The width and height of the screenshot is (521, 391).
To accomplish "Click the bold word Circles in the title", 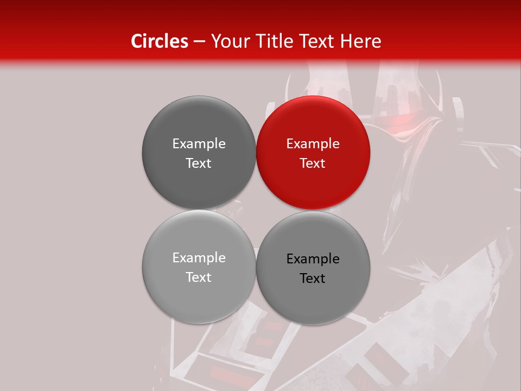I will click(x=159, y=41).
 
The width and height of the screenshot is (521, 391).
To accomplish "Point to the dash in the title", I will click(x=199, y=42).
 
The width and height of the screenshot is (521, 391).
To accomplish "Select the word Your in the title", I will click(x=228, y=41).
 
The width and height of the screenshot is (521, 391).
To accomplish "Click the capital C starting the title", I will click(x=137, y=41).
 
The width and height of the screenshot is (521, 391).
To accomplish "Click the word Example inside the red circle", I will click(x=313, y=143).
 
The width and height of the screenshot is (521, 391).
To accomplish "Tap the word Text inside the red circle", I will click(x=313, y=163).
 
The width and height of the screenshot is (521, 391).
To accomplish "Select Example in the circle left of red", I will click(x=199, y=143).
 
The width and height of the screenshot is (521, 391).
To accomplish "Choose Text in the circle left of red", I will click(x=199, y=163).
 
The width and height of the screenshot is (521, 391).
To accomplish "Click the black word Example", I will click(x=313, y=258).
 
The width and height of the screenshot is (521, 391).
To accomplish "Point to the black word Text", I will click(x=313, y=278).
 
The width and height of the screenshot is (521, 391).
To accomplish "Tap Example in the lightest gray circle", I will click(x=199, y=257).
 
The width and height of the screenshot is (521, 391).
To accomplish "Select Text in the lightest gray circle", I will click(x=199, y=277).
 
